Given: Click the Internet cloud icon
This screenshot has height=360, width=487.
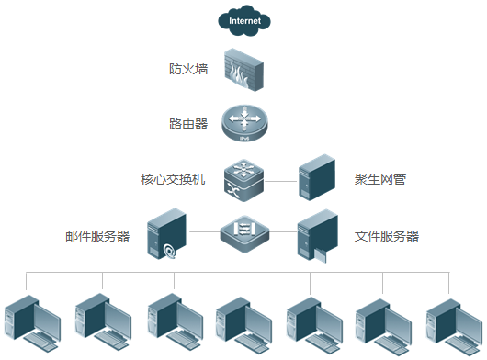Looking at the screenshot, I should tap(243, 19).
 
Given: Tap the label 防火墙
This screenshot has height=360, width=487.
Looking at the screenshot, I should tap(188, 69).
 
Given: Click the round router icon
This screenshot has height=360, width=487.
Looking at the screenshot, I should tap(243, 124).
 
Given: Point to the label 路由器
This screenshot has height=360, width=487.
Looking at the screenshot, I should tap(188, 123).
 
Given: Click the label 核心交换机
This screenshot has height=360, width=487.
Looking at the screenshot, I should tap(172, 179).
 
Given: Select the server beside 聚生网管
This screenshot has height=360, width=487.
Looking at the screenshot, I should tap(318, 177).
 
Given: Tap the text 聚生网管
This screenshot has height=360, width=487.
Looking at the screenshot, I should tap(380, 179).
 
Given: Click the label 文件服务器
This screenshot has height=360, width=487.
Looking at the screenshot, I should tap(387, 236).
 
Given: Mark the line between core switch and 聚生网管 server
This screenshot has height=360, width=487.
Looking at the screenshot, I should tap(282, 179).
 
